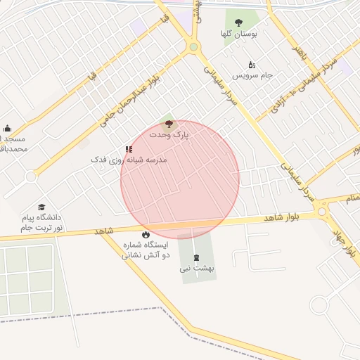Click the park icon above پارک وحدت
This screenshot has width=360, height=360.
(x=168, y=124)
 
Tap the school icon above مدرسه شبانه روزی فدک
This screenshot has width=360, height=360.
(x=129, y=149)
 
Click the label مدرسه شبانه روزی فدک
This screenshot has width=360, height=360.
(x=129, y=160)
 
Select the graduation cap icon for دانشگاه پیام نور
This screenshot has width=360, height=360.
(x=41, y=207)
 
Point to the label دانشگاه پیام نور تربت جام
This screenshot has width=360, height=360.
(x=41, y=223)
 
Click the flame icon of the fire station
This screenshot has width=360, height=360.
(x=146, y=234)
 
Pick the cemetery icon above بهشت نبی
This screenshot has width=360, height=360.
(x=195, y=257)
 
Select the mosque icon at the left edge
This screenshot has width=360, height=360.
(x=7, y=128)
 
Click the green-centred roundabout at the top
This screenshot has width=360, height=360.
(x=193, y=47)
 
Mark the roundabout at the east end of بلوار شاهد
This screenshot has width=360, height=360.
(x=322, y=210)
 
